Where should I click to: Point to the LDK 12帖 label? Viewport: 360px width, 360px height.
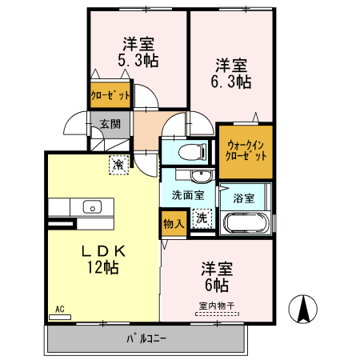point(102,259)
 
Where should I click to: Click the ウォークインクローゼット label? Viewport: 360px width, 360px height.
point(246,151)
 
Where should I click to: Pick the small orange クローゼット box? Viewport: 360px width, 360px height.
point(109,94)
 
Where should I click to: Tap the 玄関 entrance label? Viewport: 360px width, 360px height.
point(110,124)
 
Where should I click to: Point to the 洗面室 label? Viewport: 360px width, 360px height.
point(187,194)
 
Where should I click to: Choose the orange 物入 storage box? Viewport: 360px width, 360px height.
point(173,223)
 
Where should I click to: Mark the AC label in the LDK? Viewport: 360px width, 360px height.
point(59,308)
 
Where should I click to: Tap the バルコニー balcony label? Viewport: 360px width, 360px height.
point(146,339)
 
